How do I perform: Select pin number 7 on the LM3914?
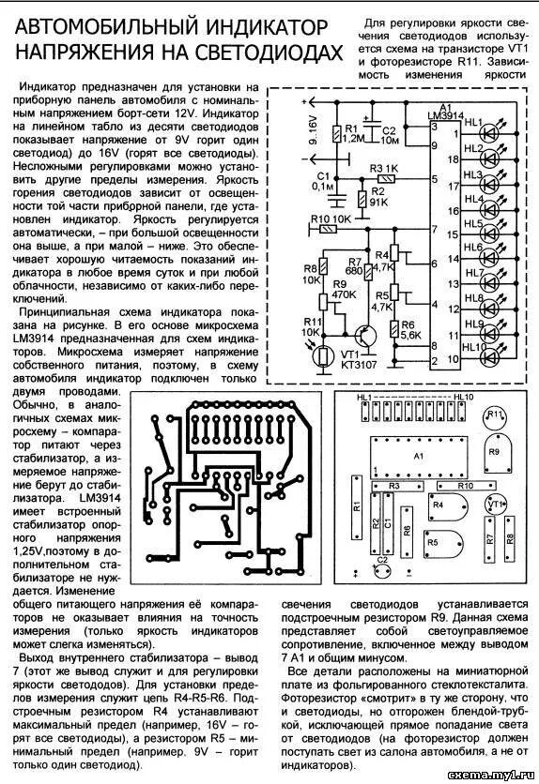click(x=434, y=229)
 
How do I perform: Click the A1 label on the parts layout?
click(x=419, y=454)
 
